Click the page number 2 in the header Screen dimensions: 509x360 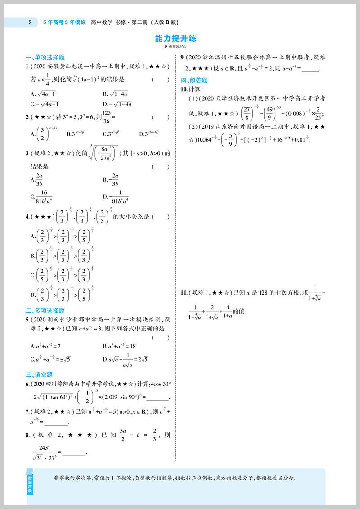[30, 22]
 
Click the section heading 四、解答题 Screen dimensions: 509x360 [194, 80]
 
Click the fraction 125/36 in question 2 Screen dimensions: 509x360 [107, 117]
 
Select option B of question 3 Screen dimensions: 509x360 [110, 179]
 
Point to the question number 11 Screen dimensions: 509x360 [184, 293]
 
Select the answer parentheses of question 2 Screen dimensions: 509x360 [161, 117]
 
